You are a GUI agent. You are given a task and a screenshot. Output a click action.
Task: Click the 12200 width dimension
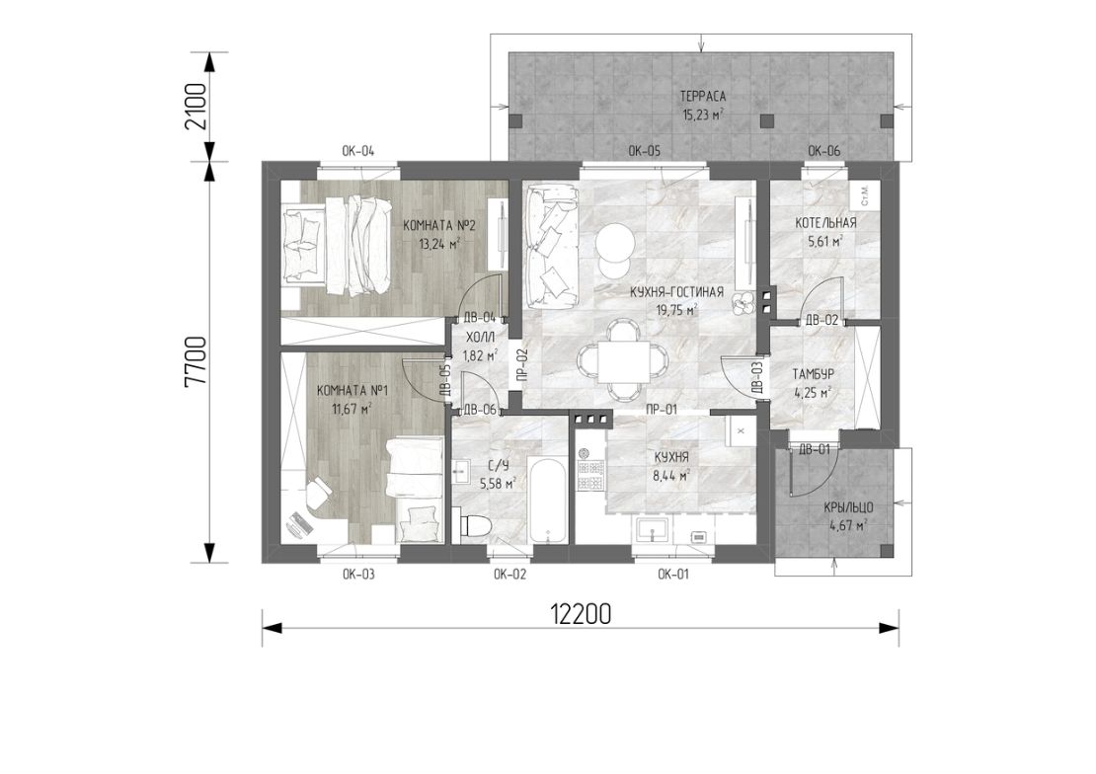(x=581, y=614)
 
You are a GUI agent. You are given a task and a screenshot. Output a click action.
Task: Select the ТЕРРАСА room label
(x=702, y=97)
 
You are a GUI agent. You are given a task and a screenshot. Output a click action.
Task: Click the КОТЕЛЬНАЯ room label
(x=825, y=223)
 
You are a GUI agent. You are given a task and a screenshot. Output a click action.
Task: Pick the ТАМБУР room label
(x=813, y=374)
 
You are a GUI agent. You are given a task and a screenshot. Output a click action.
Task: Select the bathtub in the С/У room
(x=547, y=500)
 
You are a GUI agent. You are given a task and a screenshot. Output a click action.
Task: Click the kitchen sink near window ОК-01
(x=653, y=530)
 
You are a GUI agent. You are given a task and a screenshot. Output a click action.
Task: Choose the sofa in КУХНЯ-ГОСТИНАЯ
(x=552, y=246)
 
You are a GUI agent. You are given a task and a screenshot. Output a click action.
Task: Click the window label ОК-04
(x=357, y=151)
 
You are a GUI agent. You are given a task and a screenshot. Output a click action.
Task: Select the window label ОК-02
(x=509, y=575)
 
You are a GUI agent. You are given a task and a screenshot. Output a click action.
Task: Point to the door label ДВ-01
(x=815, y=449)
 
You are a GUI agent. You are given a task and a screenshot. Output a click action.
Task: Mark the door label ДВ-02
(x=822, y=320)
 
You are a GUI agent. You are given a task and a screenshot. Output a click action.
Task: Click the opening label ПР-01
(x=662, y=410)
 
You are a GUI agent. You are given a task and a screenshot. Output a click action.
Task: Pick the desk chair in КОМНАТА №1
(x=319, y=490)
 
